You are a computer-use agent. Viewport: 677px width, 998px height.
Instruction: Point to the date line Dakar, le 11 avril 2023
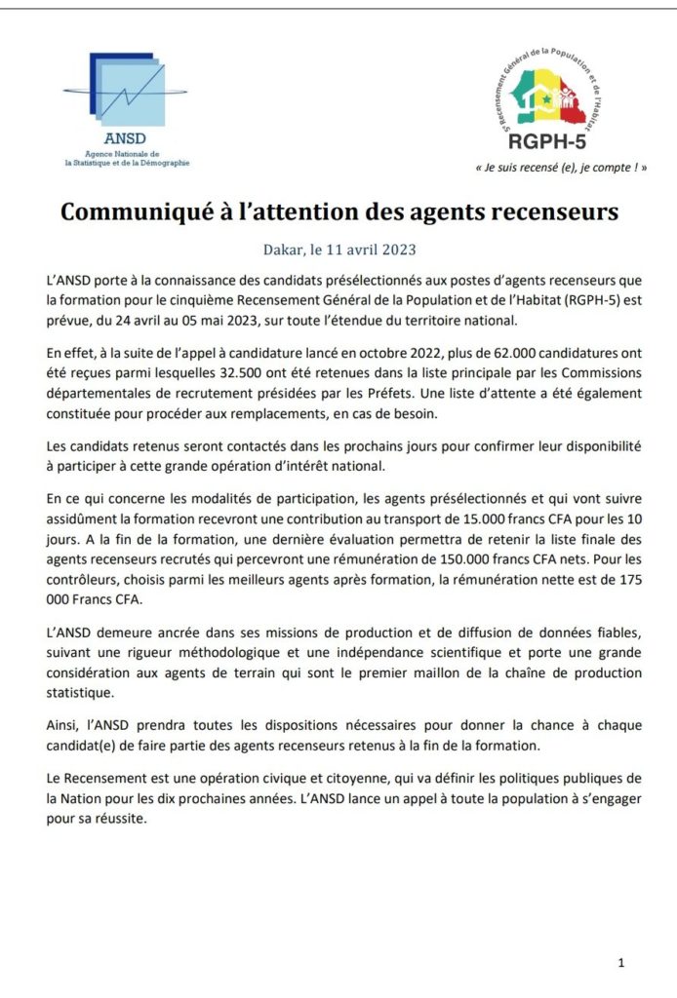[x=338, y=249]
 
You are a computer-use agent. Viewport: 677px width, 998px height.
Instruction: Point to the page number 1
[x=621, y=963]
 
